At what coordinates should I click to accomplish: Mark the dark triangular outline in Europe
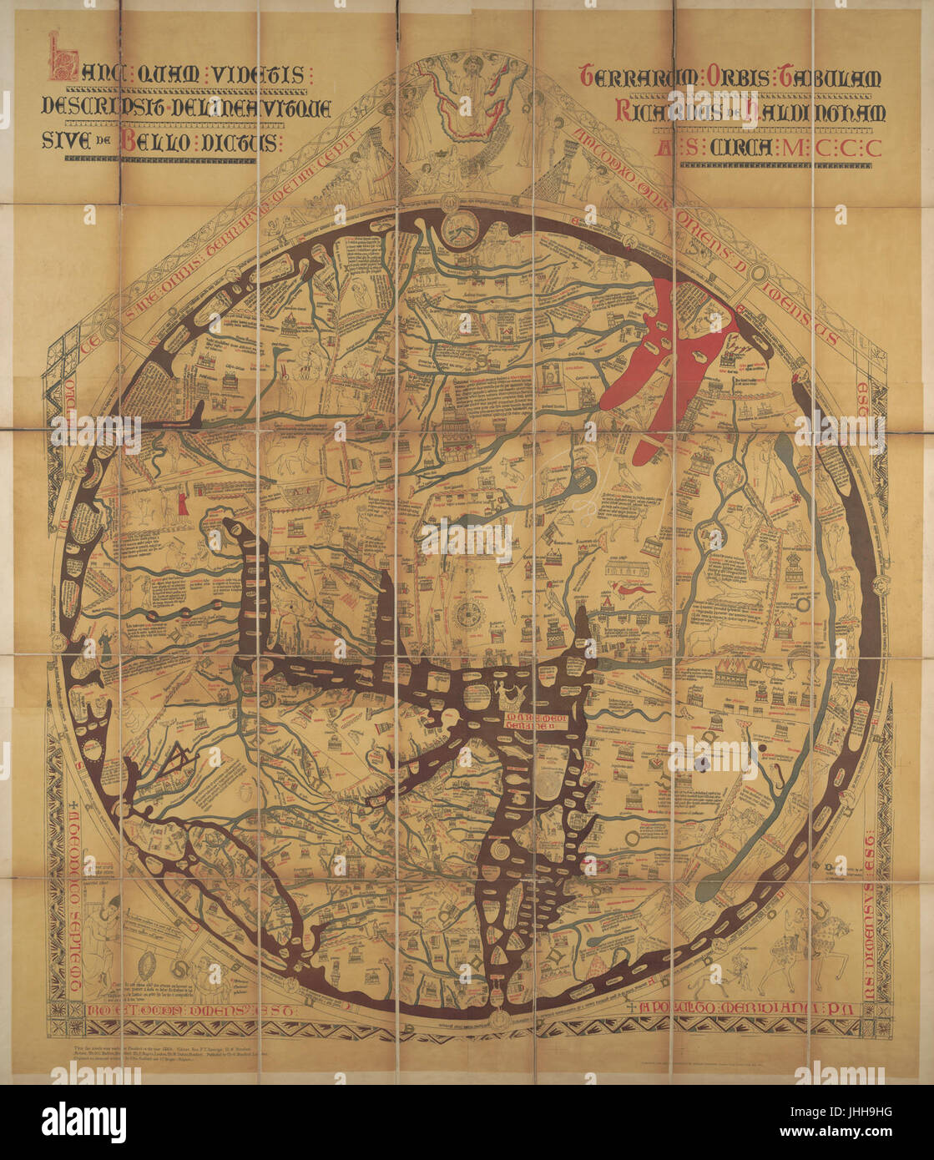click(x=184, y=760)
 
